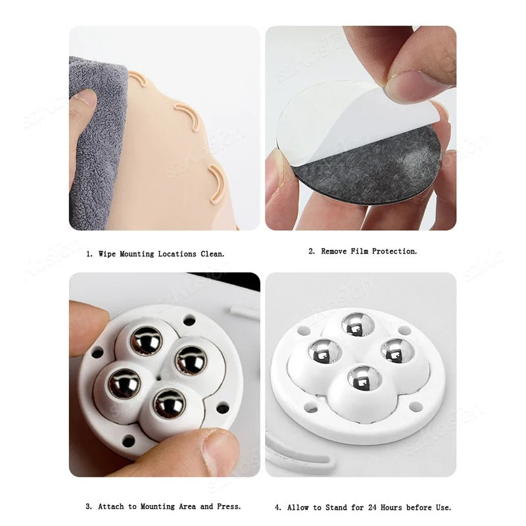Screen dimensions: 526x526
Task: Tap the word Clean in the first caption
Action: click(x=212, y=254)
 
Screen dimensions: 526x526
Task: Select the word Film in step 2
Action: click(x=359, y=251)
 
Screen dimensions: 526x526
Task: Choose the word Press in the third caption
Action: click(x=229, y=506)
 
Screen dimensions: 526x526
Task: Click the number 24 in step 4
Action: click(x=372, y=507)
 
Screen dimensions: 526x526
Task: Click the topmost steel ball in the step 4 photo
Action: click(x=358, y=324)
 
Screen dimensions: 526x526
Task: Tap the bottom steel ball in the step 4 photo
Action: click(x=365, y=379)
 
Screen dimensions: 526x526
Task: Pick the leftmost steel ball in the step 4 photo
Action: click(x=325, y=351)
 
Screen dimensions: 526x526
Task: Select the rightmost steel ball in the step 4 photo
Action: click(x=398, y=352)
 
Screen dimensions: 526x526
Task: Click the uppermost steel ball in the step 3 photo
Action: click(x=146, y=341)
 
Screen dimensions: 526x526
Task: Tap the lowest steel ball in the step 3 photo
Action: click(x=170, y=404)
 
